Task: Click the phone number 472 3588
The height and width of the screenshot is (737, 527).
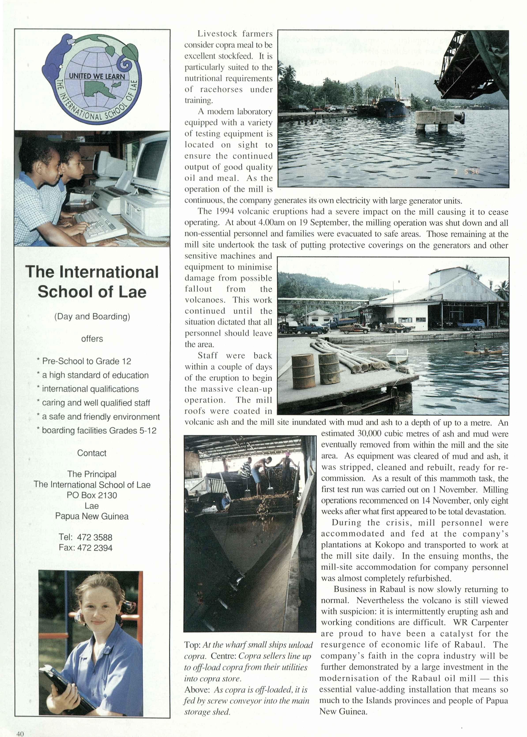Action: [x=94, y=537]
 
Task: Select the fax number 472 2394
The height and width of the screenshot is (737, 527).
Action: [x=94, y=548]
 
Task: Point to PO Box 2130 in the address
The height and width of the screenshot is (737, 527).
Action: [x=92, y=495]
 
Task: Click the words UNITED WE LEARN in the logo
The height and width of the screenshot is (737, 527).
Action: [x=97, y=76]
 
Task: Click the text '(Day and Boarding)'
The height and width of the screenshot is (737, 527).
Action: [x=92, y=316]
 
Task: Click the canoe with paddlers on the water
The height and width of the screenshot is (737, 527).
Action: [x=483, y=351]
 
